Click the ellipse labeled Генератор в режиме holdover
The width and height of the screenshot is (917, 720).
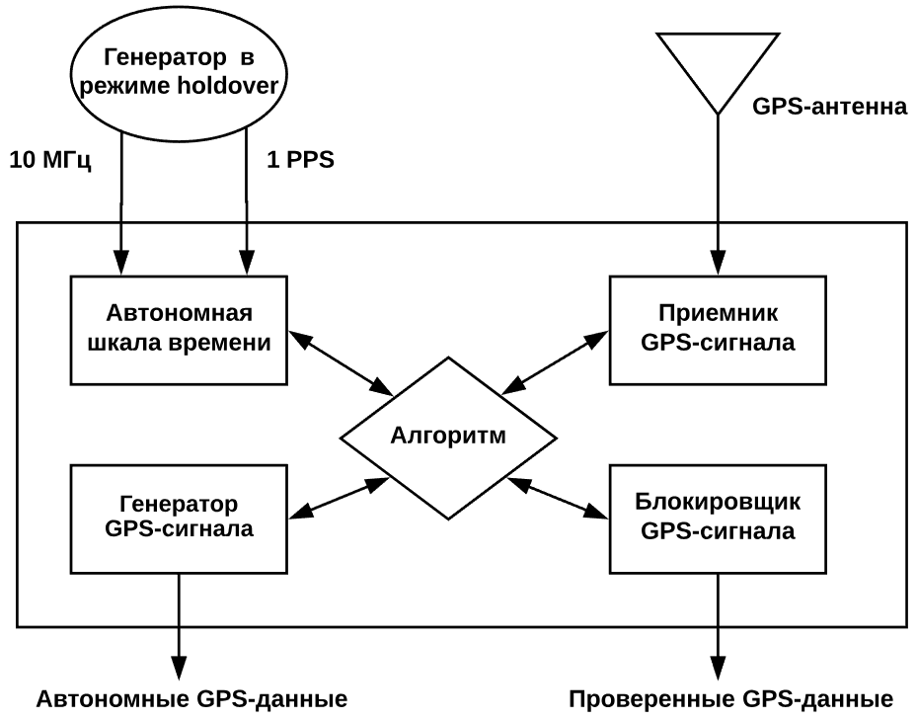coord(179,72)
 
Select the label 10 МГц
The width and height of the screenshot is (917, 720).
coord(50,160)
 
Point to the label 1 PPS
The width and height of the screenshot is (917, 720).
coord(301,160)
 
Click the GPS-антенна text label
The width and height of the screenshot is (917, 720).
coord(829,107)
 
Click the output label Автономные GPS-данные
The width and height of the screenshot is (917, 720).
coord(192,699)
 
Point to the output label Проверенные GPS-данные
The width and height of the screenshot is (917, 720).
coord(731,699)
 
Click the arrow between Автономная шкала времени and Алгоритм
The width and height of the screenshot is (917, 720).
coord(342,362)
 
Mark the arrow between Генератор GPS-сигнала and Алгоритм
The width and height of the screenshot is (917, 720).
coord(340,498)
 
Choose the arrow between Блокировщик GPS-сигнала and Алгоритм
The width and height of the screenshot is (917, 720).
coord(558,498)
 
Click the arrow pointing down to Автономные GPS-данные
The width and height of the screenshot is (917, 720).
coord(179,626)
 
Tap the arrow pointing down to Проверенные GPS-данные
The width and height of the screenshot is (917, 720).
coord(718,626)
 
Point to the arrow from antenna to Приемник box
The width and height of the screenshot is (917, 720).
coord(718,194)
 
